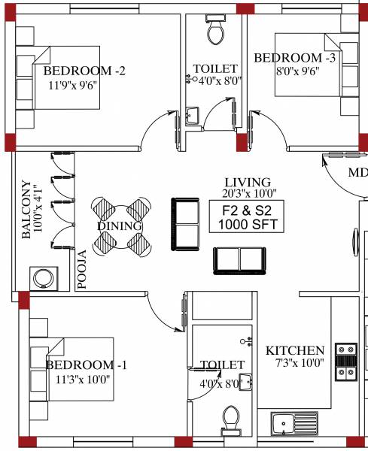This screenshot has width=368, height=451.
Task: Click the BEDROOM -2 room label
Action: coord(84,71)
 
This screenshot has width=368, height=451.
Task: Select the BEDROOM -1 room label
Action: coord(87,365)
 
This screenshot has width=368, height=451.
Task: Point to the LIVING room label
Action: coord(246,183)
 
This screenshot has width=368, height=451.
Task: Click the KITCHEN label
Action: coord(295,351)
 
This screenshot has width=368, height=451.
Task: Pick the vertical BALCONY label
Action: coord(26,210)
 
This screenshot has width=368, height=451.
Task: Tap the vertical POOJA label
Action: coord(83,271)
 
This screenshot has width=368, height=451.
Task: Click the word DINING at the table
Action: coord(120,226)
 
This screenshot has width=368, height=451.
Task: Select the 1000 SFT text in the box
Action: coord(246,224)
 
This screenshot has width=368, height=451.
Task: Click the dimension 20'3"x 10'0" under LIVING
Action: coord(246,193)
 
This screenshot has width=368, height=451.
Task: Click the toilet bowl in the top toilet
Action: coord(216,31)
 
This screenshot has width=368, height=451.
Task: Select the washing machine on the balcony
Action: coord(42,279)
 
